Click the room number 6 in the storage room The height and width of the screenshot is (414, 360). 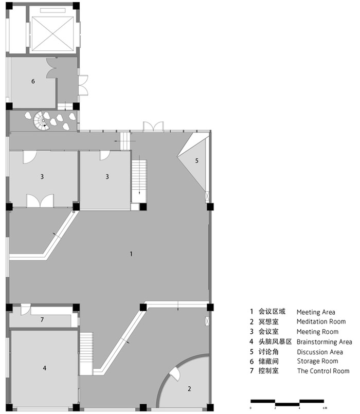coord(33,81)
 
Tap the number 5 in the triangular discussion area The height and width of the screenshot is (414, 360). coord(196,161)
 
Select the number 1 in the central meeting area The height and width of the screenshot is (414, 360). coord(132,254)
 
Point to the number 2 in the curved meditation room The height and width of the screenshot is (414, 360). coord(189,389)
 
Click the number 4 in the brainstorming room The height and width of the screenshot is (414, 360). coord(45,368)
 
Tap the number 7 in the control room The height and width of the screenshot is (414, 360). coord(42,320)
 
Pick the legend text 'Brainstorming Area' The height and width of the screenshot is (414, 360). coord(324,342)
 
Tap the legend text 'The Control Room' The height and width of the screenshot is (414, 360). coord(323,371)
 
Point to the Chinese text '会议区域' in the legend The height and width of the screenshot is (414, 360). coord(271,312)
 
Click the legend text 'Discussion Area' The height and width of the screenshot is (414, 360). coord(319,352)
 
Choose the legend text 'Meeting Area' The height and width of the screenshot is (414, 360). coord(315,312)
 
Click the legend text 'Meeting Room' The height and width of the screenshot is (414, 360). coord(317,332)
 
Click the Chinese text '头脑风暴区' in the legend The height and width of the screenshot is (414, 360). coord(275,342)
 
